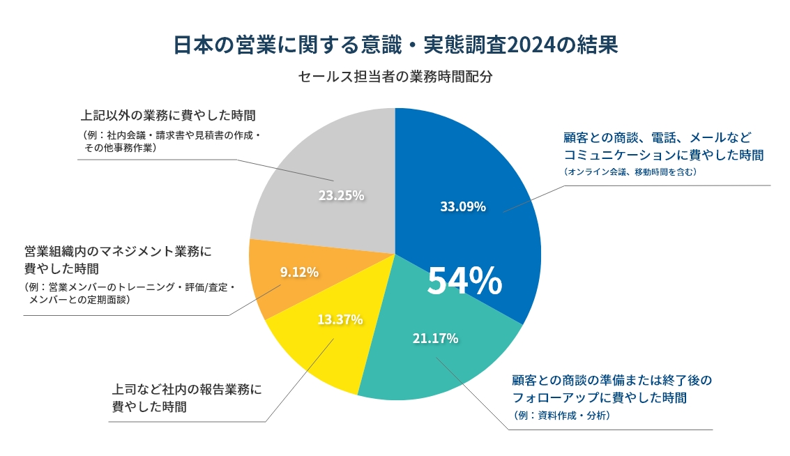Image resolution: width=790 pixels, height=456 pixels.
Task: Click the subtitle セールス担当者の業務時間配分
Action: pyautogui.click(x=395, y=77)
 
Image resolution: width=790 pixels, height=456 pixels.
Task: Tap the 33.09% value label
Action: pyautogui.click(x=463, y=206)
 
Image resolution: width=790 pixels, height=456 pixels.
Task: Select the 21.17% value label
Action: pyautogui.click(x=435, y=339)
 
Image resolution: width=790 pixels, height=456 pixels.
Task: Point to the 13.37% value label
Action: pyautogui.click(x=340, y=319)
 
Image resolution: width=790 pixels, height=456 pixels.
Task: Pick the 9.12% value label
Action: pyautogui.click(x=299, y=272)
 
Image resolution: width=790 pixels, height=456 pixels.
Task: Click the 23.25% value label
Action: pyautogui.click(x=342, y=195)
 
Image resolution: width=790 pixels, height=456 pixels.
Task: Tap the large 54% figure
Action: pyautogui.click(x=464, y=280)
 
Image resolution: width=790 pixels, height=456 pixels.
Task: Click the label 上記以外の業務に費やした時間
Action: pyautogui.click(x=169, y=115)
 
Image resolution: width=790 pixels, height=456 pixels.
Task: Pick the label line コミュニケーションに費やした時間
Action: pyautogui.click(x=663, y=155)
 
